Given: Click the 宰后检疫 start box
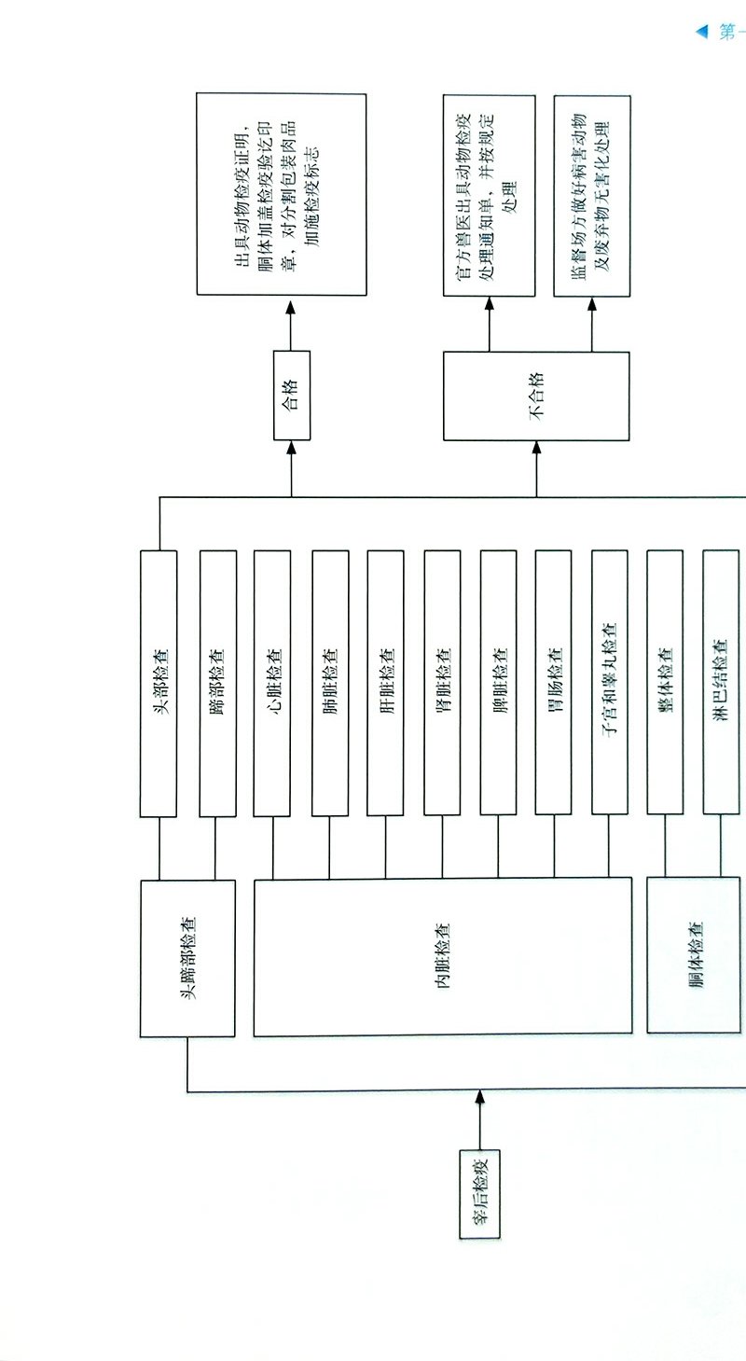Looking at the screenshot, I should tap(479, 1192).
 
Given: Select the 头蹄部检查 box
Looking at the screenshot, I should tap(187, 958).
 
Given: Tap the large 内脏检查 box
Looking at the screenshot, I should tap(442, 956).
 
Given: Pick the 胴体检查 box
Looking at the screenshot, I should tap(695, 955).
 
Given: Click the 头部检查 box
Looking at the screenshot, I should tap(159, 684).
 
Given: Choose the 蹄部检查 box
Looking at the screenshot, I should tap(217, 684).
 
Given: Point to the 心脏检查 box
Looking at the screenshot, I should tap(272, 684).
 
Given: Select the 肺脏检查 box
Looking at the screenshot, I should tap(330, 684).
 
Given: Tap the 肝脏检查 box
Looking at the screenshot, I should tap(386, 684).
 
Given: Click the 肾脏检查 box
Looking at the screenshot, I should tap(442, 684).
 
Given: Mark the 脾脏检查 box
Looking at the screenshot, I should tap(498, 684).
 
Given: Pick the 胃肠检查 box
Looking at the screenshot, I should tap(553, 684).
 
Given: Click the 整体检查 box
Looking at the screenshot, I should tap(665, 684).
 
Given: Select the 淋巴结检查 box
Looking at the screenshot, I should tap(720, 684).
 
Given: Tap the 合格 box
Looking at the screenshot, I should tap(291, 396).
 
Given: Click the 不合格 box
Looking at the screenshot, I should tap(536, 396).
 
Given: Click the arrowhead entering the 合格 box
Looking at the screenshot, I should tap(291, 449).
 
